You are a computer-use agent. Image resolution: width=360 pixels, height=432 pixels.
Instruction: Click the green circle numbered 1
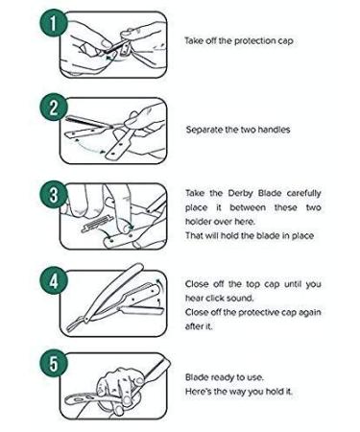[53, 23]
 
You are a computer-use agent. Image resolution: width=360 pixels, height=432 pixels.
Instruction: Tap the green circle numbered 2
[53, 108]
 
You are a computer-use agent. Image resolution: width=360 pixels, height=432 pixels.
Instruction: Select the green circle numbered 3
[53, 195]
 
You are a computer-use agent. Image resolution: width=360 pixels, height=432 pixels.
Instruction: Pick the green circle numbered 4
[53, 281]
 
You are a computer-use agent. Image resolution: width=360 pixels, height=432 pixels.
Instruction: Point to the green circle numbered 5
[53, 364]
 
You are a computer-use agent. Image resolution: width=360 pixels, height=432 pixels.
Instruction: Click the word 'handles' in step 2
[274, 130]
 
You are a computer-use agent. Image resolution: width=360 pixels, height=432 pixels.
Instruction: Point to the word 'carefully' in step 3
[303, 193]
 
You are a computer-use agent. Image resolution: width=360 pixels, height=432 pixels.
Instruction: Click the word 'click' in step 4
[214, 298]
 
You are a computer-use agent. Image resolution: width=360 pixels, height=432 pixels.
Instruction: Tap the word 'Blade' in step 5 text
[197, 377]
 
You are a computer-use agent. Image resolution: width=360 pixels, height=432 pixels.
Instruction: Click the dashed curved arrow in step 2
[90, 148]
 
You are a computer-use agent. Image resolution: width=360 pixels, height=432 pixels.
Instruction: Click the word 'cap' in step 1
[285, 42]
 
